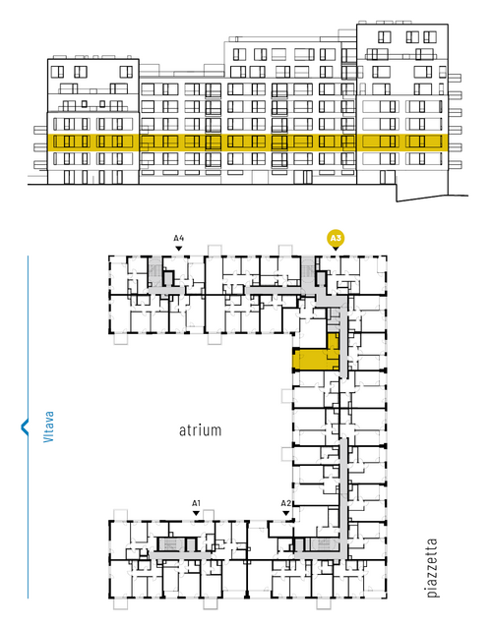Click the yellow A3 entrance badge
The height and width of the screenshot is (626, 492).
(x=336, y=239)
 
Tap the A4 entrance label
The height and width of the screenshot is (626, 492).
(x=179, y=239)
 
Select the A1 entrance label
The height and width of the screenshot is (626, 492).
(x=196, y=503)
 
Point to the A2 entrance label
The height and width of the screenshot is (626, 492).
(x=285, y=503)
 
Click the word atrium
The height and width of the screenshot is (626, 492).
(x=200, y=430)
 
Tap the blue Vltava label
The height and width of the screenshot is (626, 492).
(x=48, y=427)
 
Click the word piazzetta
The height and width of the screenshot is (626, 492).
(x=432, y=568)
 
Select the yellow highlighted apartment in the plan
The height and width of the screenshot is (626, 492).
(x=316, y=358)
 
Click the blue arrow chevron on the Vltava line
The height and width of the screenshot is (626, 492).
(x=25, y=427)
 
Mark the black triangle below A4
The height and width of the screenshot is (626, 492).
(x=179, y=249)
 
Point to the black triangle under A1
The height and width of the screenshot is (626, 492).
(x=196, y=513)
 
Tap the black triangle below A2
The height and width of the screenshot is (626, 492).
(x=285, y=513)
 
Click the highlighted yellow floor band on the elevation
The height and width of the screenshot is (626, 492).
(x=247, y=142)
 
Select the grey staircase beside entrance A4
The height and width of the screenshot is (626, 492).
(x=154, y=271)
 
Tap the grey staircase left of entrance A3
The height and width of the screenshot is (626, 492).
(x=308, y=270)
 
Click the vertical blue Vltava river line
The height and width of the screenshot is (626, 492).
(x=28, y=427)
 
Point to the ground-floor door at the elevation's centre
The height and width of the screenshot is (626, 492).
(x=307, y=177)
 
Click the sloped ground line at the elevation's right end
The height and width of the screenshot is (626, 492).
(x=432, y=199)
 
